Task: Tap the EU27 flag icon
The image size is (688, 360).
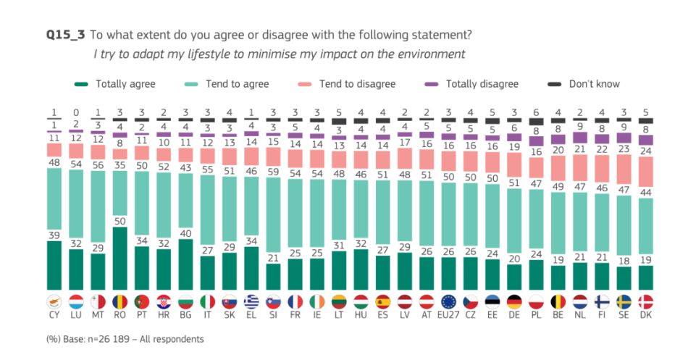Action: pos(448,301)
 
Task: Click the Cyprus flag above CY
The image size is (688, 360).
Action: pos(53,301)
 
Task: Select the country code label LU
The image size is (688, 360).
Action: pos(75,315)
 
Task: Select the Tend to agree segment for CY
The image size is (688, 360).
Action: pos(53,198)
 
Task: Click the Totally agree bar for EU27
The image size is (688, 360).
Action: pos(448,274)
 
